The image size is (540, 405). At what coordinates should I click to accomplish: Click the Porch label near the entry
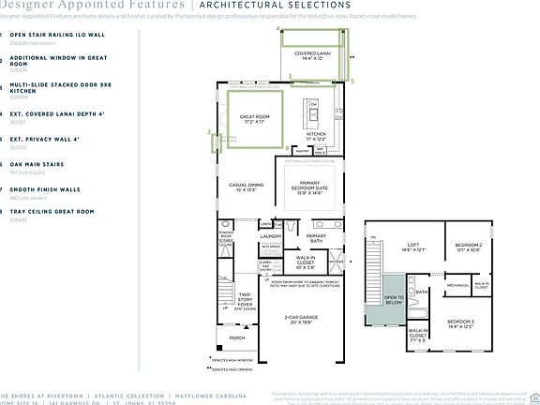coord(237,338)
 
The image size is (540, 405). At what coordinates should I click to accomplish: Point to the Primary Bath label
coord(316,238)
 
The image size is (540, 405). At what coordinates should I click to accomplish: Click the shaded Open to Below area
coord(391,300)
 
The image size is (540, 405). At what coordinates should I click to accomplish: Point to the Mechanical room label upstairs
coord(457,285)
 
